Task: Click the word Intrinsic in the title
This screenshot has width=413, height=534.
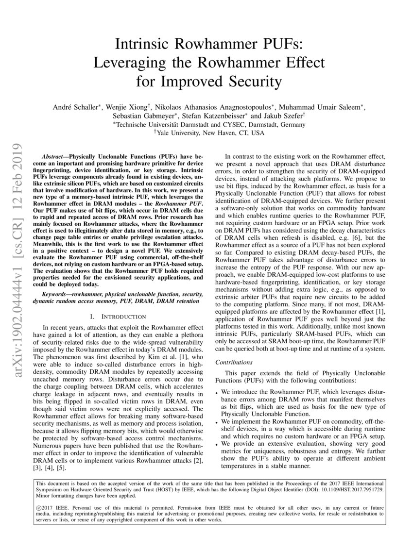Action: [x=144, y=45]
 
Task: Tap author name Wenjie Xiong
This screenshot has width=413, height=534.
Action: [x=121, y=107]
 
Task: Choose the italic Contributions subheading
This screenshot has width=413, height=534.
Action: [x=234, y=362]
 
